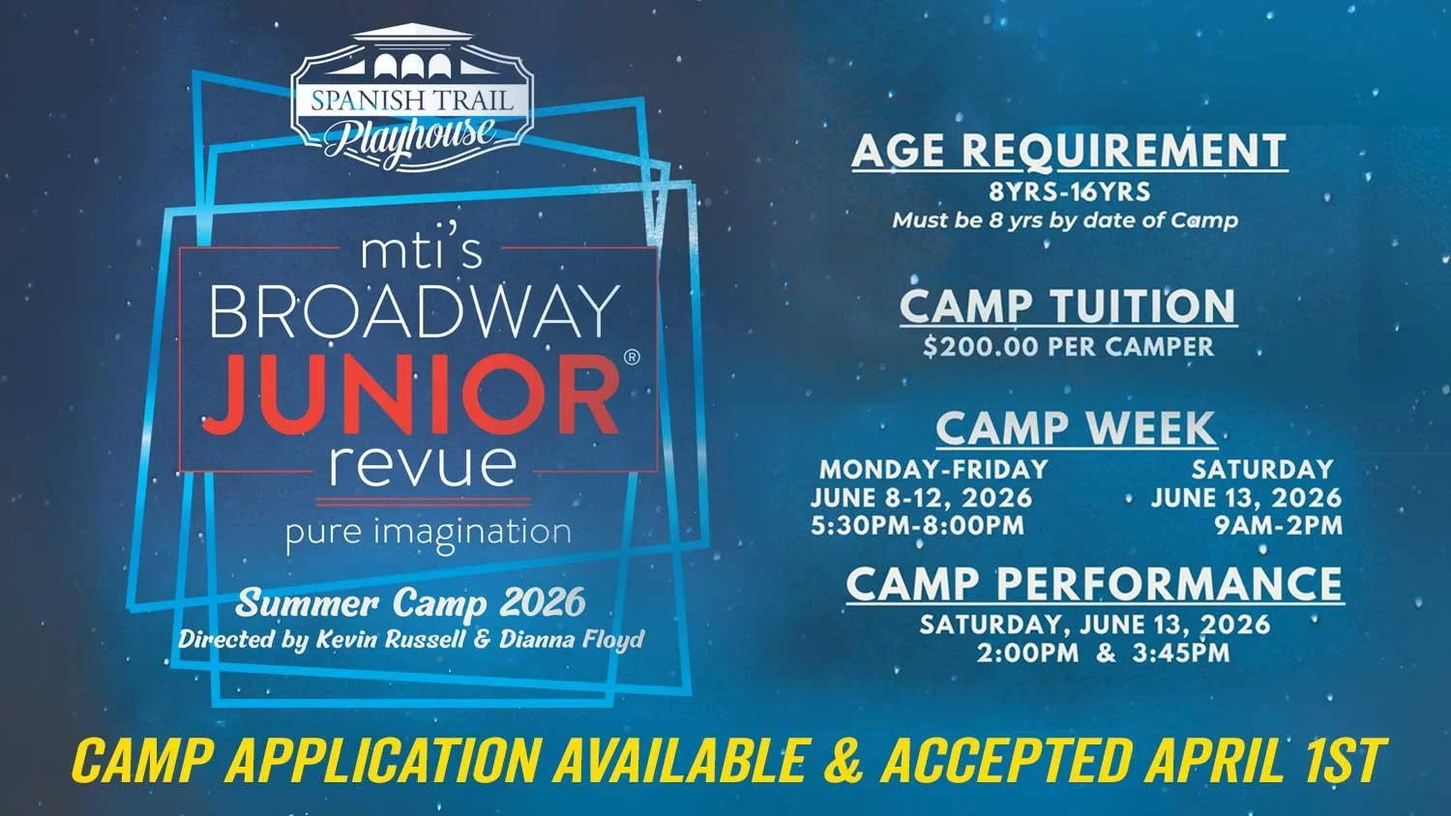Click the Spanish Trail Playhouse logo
(412, 97)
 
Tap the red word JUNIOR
(411, 394)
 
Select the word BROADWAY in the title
(414, 310)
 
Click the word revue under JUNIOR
(423, 465)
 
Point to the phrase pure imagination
(428, 534)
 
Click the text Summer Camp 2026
(411, 603)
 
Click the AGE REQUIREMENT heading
(1069, 150)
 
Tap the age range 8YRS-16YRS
(1069, 191)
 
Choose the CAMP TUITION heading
(1068, 306)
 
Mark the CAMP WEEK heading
(1076, 428)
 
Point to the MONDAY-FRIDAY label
(933, 470)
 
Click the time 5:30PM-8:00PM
(917, 526)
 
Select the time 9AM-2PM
(1279, 526)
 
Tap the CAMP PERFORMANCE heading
(1094, 584)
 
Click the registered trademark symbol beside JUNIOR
(633, 357)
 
